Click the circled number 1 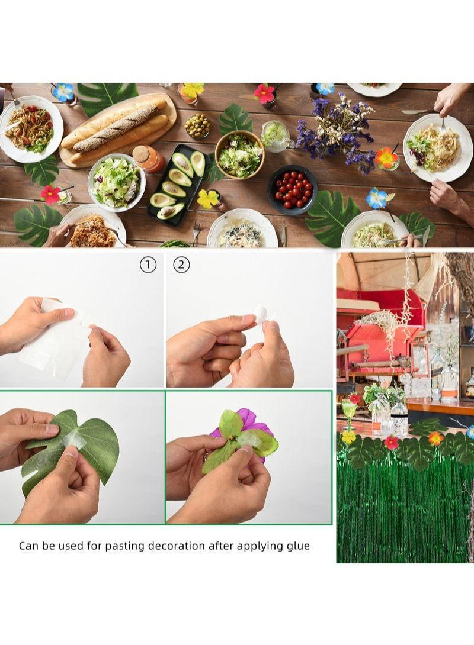point(148,265)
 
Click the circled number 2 point(181,265)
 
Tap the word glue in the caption point(297,546)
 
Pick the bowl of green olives point(197,125)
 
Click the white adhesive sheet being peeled point(53,337)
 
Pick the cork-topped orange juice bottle point(149,159)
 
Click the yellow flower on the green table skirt point(349,437)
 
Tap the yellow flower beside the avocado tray point(208,199)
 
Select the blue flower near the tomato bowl point(376,198)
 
